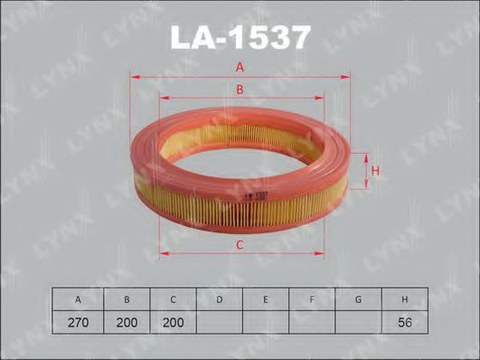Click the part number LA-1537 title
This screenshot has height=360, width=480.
[x=240, y=37]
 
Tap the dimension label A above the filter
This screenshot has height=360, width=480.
[x=240, y=67]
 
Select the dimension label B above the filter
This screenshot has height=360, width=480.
[x=240, y=90]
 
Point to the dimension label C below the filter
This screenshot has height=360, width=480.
[x=240, y=245]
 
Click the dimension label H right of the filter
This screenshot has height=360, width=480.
[x=373, y=169]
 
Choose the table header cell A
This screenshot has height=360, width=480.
[x=78, y=298]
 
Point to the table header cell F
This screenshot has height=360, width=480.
[x=311, y=298]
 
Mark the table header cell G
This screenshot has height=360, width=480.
[x=357, y=298]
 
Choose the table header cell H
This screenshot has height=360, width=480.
[x=404, y=298]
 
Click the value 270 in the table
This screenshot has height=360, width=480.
[x=78, y=320]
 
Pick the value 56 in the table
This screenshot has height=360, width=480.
[x=404, y=320]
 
